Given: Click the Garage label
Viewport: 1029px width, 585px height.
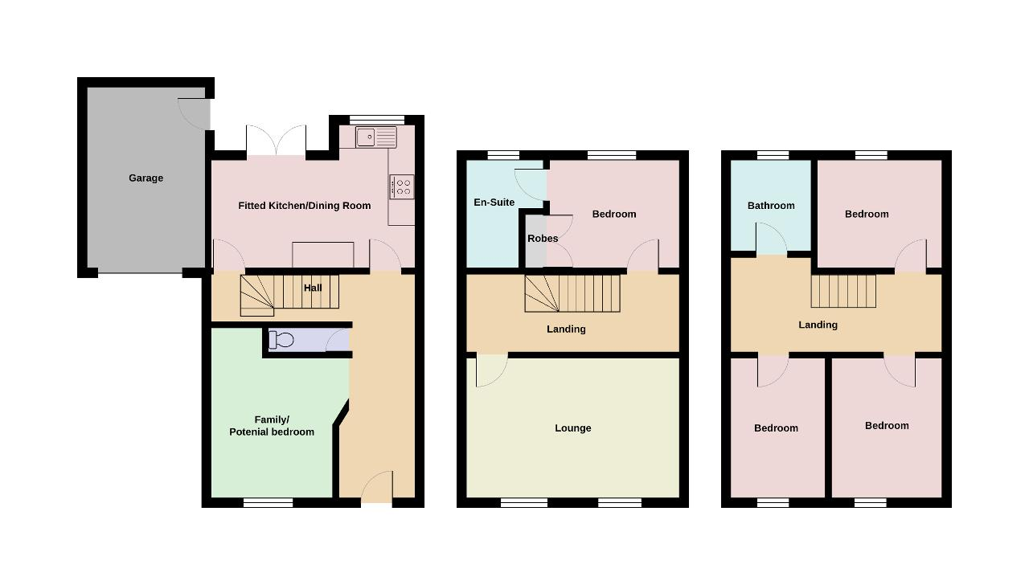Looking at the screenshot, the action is coord(146,178).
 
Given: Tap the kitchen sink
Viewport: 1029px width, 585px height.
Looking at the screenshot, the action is coord(375,137).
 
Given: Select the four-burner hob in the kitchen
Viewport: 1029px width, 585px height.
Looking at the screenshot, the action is coord(401,186).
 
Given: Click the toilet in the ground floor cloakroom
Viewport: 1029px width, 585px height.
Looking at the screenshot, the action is coord(281,340).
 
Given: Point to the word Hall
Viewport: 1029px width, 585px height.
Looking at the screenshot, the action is coord(313,288).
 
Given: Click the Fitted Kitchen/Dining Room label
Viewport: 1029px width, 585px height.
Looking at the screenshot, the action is coord(304,206).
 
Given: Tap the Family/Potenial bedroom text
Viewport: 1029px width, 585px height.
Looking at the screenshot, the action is coord(272,426).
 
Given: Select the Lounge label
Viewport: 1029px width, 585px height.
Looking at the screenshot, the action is coord(573,428).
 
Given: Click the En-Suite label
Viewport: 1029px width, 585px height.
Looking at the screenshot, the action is coord(494,202).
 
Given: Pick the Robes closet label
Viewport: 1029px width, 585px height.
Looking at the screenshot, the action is coord(543,239).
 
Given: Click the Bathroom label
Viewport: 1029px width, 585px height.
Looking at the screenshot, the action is coord(771,206).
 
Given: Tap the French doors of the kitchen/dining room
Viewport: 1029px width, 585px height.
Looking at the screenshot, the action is coord(276,140).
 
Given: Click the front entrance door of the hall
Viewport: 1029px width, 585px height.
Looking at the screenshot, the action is coord(377,487).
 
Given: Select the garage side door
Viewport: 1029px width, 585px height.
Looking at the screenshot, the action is coord(194,114).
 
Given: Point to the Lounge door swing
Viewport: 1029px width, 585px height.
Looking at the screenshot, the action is coord(492,370).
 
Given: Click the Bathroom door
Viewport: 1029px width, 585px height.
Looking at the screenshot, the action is coord(771,239).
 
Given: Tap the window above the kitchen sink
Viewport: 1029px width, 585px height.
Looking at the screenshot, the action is coord(377,120).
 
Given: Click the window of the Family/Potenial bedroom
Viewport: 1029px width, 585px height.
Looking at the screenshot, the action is coord(268,503).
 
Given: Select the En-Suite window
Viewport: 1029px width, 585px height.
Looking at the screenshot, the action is coord(503,155).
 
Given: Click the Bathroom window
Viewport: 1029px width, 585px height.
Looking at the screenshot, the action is coord(773,155).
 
